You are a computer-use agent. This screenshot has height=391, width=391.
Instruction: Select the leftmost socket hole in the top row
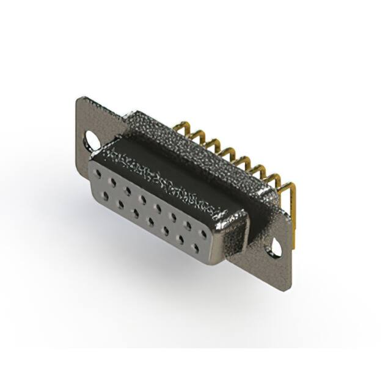tap(98, 175)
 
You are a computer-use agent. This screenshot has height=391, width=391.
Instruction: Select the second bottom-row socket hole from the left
tap(120, 203)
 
